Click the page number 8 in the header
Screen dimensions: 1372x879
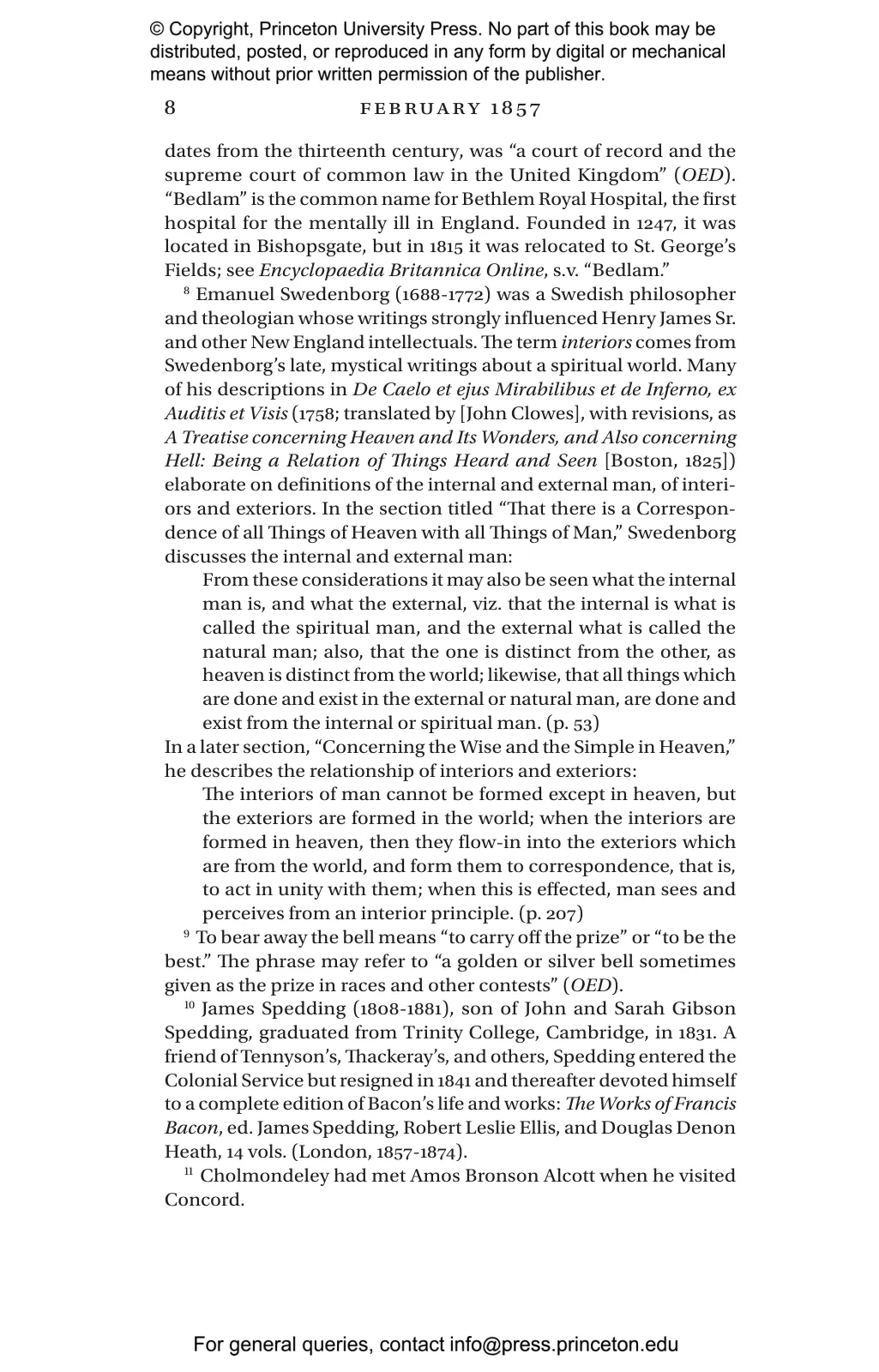point(170,108)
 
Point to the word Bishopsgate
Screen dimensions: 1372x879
point(311,247)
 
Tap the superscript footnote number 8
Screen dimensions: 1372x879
point(187,292)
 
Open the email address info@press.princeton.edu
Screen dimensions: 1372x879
point(563,1345)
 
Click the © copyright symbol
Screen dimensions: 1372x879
point(158,30)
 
